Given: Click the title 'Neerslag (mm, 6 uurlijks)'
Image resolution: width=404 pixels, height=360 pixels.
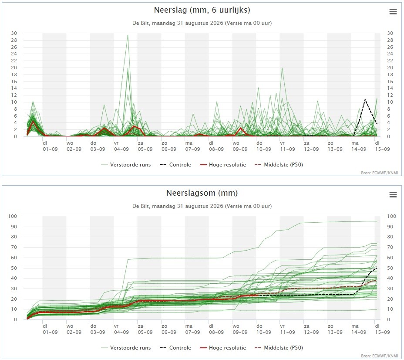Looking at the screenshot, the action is click(x=202, y=10).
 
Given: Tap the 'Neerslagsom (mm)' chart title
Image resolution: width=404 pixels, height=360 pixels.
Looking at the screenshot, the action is click(x=202, y=193).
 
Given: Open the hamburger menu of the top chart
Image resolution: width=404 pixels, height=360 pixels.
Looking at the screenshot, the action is click(x=393, y=12).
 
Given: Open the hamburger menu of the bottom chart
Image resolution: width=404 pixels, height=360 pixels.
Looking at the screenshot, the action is click(x=393, y=194).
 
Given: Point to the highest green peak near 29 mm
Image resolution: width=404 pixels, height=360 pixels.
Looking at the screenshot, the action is click(x=128, y=35).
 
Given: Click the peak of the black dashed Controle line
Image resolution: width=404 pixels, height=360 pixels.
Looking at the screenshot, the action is click(x=365, y=99).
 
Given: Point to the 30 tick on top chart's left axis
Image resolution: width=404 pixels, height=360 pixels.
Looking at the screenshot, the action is click(x=14, y=33).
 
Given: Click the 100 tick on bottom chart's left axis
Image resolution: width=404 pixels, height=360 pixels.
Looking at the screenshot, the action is click(x=12, y=216).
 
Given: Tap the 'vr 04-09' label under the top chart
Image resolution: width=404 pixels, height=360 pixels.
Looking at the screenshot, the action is click(x=121, y=146).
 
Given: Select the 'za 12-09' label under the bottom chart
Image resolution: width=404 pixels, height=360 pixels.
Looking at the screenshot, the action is click(x=311, y=329).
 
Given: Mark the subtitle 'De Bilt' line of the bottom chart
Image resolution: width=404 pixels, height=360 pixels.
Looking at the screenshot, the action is click(x=202, y=206).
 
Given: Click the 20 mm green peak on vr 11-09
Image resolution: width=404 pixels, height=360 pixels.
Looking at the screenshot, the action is click(x=282, y=68).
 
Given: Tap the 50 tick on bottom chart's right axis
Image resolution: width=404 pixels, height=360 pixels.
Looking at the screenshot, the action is click(x=390, y=268).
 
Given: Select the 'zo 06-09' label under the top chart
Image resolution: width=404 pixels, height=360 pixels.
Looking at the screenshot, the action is click(x=169, y=146).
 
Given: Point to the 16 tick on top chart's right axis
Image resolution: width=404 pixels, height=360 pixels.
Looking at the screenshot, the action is click(x=390, y=82).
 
